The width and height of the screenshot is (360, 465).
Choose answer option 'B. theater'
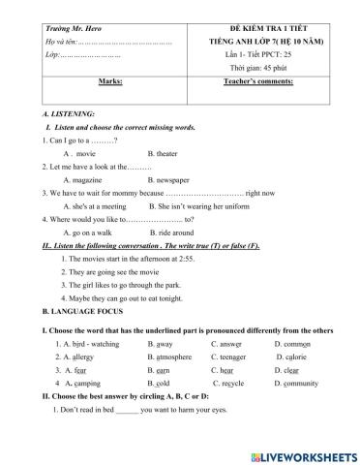[x=164, y=154]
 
